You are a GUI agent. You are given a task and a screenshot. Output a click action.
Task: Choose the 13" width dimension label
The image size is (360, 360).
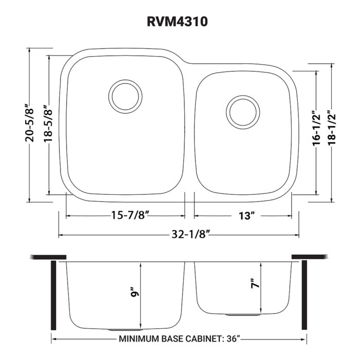tap(244, 215)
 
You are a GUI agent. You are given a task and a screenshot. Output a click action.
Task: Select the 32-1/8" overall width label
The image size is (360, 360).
tap(179, 236)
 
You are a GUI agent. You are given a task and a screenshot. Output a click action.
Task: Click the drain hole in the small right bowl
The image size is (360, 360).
tap(242, 111)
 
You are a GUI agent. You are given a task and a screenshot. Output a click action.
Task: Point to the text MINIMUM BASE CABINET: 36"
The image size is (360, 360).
tap(180, 339)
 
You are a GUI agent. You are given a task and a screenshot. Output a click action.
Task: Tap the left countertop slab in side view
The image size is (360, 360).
tap(48, 257)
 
